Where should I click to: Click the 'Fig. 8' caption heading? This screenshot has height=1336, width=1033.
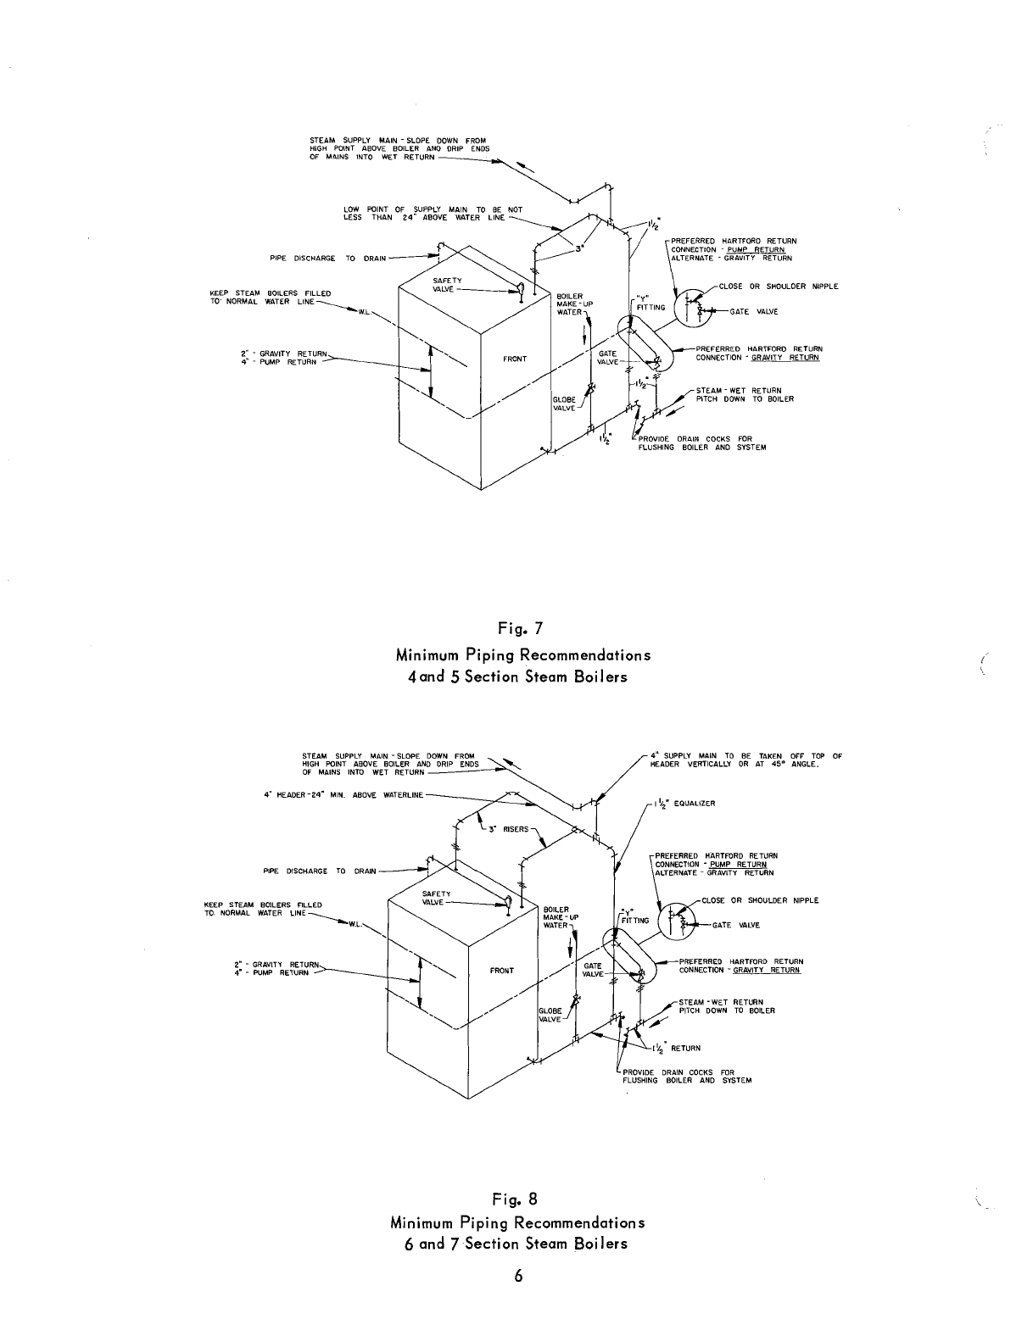[516, 1199]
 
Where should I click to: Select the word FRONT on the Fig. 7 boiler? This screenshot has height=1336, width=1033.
[515, 359]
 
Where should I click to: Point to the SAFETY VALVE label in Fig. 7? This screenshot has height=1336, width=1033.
[447, 286]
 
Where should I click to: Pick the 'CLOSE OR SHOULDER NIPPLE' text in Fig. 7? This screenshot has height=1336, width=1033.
[778, 287]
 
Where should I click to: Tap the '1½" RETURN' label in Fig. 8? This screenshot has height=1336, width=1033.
[678, 1048]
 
